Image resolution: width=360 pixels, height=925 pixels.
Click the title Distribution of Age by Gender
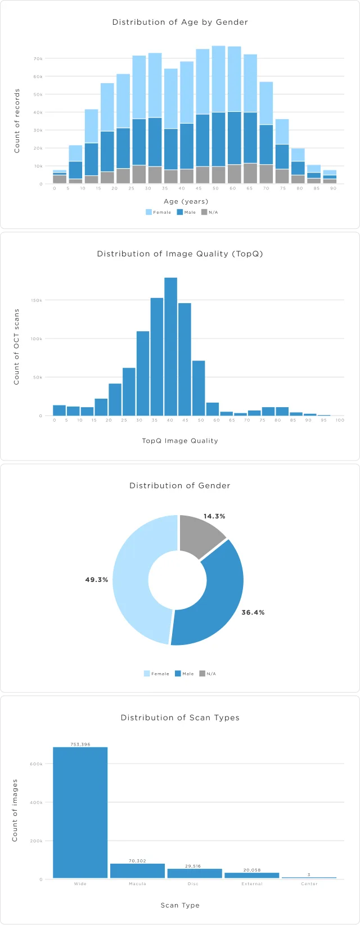(x=180, y=22)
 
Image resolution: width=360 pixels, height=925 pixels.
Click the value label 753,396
(x=80, y=744)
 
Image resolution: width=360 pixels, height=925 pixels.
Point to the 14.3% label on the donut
(x=214, y=516)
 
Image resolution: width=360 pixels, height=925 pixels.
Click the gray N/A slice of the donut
(x=200, y=535)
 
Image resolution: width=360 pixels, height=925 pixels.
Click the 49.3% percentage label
(x=97, y=580)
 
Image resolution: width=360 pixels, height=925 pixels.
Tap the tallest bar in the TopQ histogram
(x=170, y=346)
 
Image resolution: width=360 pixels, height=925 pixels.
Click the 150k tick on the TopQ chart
(x=37, y=300)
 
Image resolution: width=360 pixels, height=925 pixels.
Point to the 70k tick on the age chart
(x=38, y=58)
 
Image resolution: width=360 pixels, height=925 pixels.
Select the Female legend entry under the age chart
(x=159, y=212)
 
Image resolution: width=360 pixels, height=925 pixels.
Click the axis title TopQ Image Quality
(x=180, y=441)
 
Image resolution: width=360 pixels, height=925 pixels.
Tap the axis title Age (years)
(x=186, y=201)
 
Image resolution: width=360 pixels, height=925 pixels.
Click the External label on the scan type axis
(x=252, y=884)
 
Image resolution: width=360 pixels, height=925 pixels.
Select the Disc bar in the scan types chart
(x=195, y=873)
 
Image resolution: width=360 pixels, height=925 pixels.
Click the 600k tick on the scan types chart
(x=36, y=764)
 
